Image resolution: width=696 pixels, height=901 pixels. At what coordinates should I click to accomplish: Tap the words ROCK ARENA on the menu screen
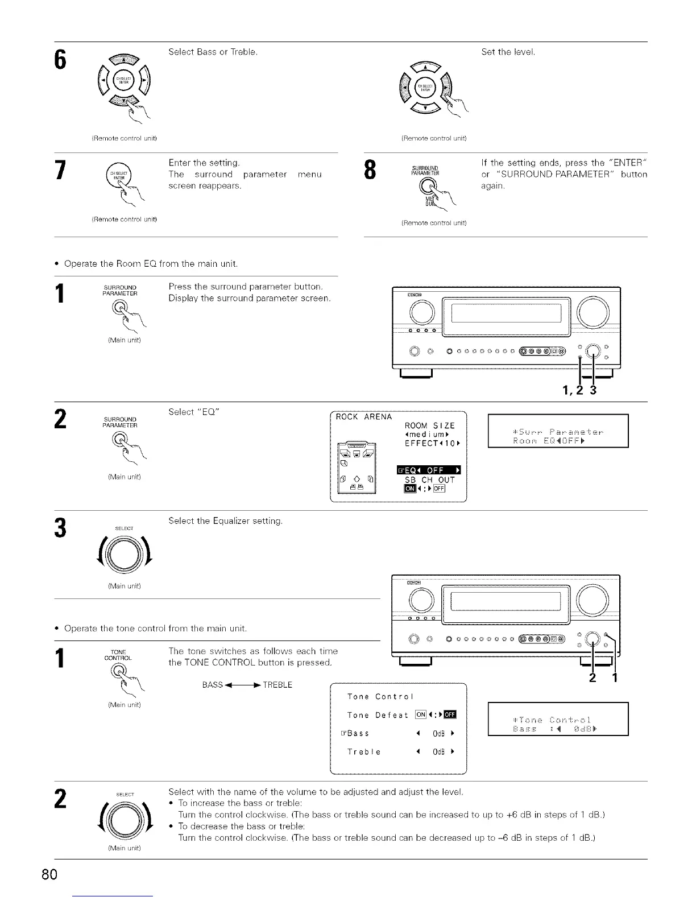coord(364,417)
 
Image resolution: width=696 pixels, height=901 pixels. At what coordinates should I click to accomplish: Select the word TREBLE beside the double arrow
coord(277,685)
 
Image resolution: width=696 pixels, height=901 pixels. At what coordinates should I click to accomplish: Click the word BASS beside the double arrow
coord(212,685)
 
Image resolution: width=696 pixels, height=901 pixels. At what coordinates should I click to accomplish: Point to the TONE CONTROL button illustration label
coord(118,655)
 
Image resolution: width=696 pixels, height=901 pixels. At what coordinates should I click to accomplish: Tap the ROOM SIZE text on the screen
coord(429,426)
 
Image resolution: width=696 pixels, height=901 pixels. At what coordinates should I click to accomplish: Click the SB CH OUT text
coord(429,480)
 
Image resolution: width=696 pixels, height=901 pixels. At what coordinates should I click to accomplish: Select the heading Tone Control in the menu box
coord(380,697)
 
